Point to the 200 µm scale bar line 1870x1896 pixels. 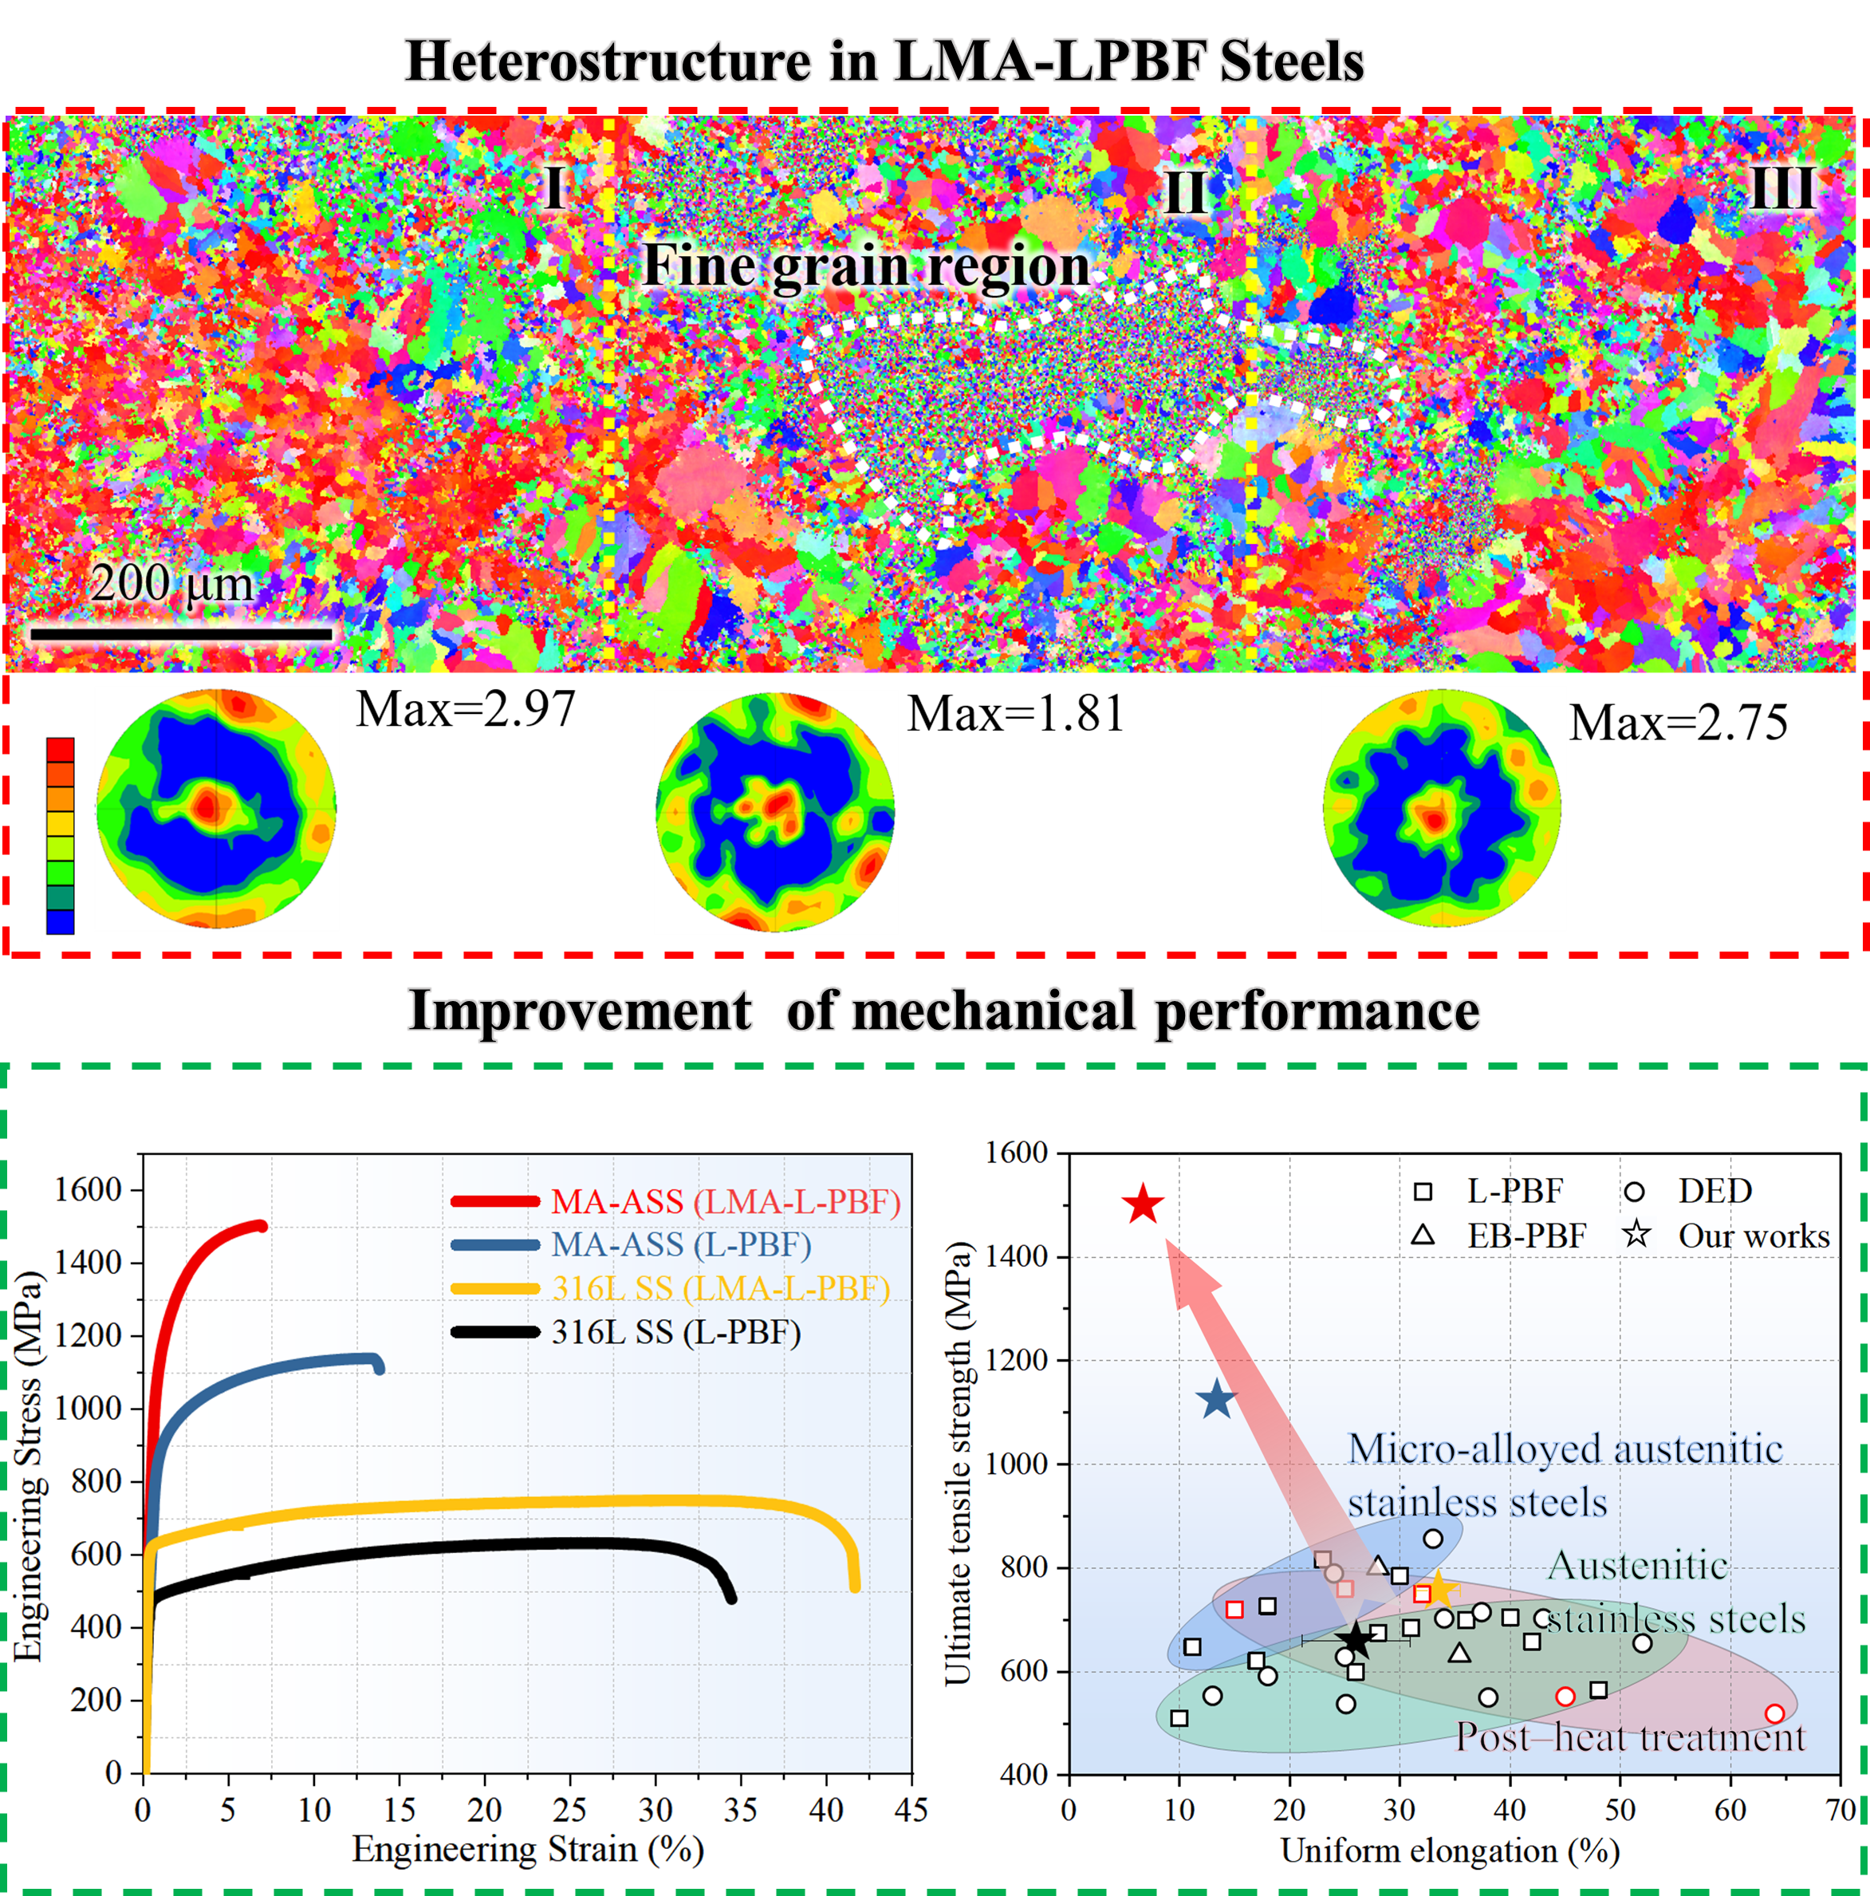182,634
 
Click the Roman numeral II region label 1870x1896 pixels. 1185,192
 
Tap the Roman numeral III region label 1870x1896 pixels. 1783,187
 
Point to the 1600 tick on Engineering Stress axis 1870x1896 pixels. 89,1189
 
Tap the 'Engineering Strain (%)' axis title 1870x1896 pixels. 528,1849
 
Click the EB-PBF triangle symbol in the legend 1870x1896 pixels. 1423,1236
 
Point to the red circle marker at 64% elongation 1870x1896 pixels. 1774,1713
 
